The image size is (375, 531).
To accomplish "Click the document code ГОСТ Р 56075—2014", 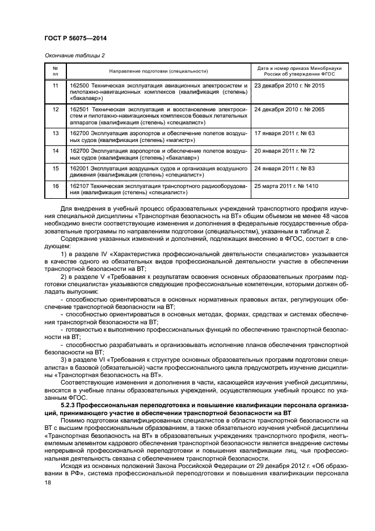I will [75, 37].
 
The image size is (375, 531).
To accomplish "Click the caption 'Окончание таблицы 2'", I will [74, 55].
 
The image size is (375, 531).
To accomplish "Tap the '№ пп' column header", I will [56, 71].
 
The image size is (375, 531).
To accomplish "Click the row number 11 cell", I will [56, 85].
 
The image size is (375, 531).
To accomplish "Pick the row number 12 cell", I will [56, 109].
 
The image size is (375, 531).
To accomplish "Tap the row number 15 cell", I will [56, 169].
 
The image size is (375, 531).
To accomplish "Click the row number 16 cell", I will [56, 186].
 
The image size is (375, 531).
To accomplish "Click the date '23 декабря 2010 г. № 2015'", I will [290, 85].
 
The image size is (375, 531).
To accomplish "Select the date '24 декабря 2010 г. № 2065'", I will [290, 109].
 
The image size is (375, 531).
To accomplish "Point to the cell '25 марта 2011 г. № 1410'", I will [287, 186].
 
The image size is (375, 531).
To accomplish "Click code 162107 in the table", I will [79, 186].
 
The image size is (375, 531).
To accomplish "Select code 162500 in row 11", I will [79, 85].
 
